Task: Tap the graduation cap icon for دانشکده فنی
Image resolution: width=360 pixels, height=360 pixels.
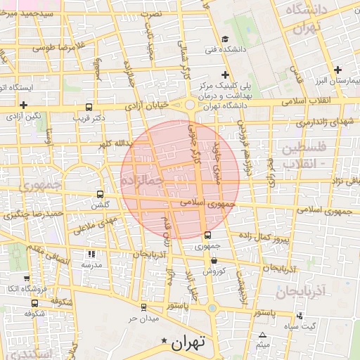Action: click(224, 39)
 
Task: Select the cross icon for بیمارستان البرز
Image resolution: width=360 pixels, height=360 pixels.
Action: click(338, 70)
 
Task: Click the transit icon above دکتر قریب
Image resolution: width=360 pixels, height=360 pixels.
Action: click(88, 107)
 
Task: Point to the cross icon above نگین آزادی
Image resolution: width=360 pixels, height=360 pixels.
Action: click(24, 104)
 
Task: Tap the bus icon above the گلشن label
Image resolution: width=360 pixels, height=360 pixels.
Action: click(100, 194)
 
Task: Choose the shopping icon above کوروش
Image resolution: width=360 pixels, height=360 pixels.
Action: click(213, 261)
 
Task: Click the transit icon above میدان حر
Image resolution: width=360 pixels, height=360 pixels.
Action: click(143, 307)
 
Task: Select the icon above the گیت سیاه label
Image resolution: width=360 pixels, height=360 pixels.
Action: click(302, 315)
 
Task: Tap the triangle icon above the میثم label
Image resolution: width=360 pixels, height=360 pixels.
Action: click(263, 335)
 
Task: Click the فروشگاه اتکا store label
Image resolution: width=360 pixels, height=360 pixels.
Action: click(23, 289)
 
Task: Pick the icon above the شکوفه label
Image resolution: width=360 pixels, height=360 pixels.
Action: click(35, 303)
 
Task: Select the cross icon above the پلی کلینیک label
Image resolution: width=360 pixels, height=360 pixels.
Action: click(224, 75)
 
